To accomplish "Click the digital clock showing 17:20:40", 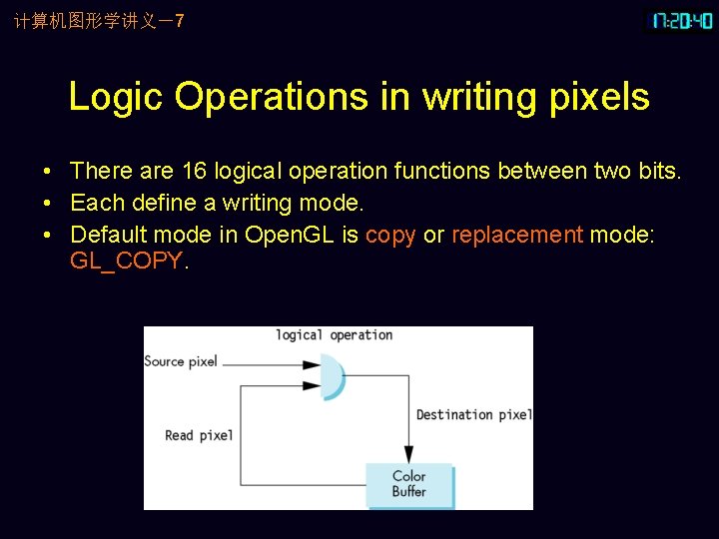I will [682, 21].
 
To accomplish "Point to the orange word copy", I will [390, 236].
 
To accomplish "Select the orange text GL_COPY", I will [126, 262].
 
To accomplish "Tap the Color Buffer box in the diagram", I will [409, 484].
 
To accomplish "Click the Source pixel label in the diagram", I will [181, 361].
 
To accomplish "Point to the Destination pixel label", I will [473, 414].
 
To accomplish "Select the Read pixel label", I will [199, 435].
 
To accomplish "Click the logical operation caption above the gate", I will [335, 335].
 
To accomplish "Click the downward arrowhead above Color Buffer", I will [408, 454].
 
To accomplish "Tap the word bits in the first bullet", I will [657, 172].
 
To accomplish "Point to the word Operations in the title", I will [271, 98].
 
